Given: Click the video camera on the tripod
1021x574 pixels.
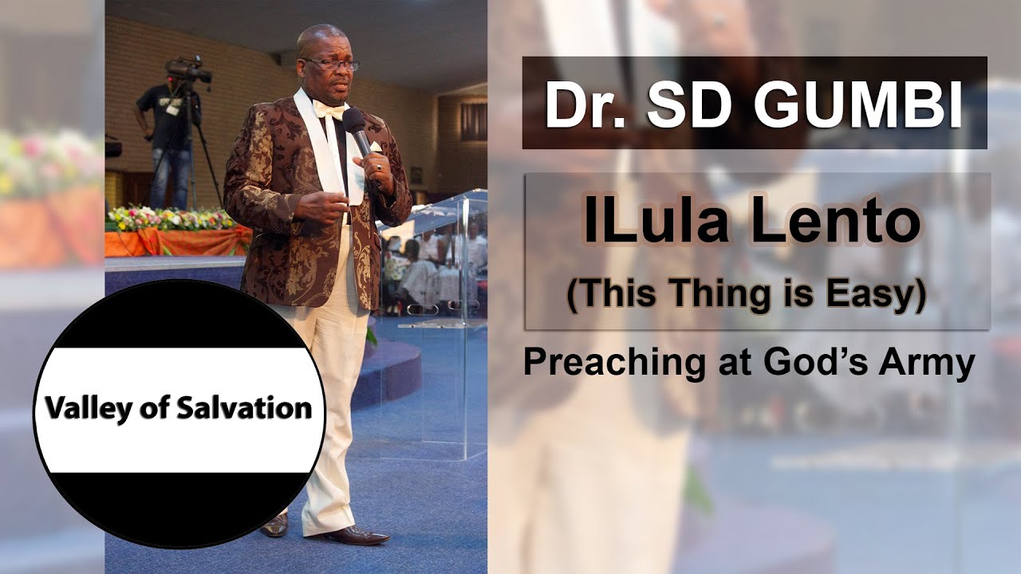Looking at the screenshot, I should click(188, 71).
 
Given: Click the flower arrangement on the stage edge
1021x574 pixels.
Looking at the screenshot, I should click(171, 219).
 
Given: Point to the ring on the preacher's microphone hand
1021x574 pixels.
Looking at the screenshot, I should click(380, 168).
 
